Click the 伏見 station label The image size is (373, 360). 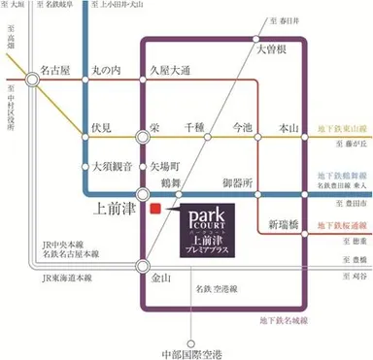click(x=102, y=127)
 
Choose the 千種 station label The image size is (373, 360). click(x=195, y=127)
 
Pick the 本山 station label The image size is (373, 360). click(x=287, y=127)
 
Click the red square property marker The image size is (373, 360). click(x=153, y=207)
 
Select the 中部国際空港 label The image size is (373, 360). click(x=187, y=340)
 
